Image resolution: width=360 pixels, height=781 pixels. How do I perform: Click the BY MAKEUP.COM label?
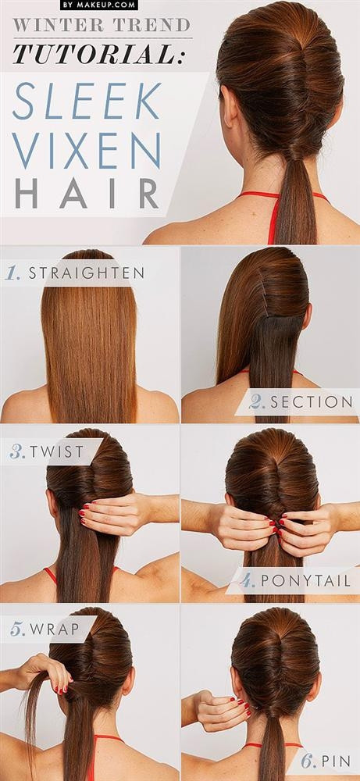click(99, 5)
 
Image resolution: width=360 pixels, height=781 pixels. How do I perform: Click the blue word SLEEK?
click(87, 101)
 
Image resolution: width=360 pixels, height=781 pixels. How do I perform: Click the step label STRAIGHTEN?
click(87, 273)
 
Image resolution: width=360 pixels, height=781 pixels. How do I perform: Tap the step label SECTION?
click(312, 402)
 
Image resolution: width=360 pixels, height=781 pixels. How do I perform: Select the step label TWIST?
click(57, 451)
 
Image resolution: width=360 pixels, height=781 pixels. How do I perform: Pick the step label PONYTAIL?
click(305, 581)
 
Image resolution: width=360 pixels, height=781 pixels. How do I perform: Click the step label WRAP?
click(55, 629)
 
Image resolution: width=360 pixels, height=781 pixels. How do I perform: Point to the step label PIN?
click(337, 761)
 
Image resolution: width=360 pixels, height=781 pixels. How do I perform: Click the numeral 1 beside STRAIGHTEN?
click(12, 273)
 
